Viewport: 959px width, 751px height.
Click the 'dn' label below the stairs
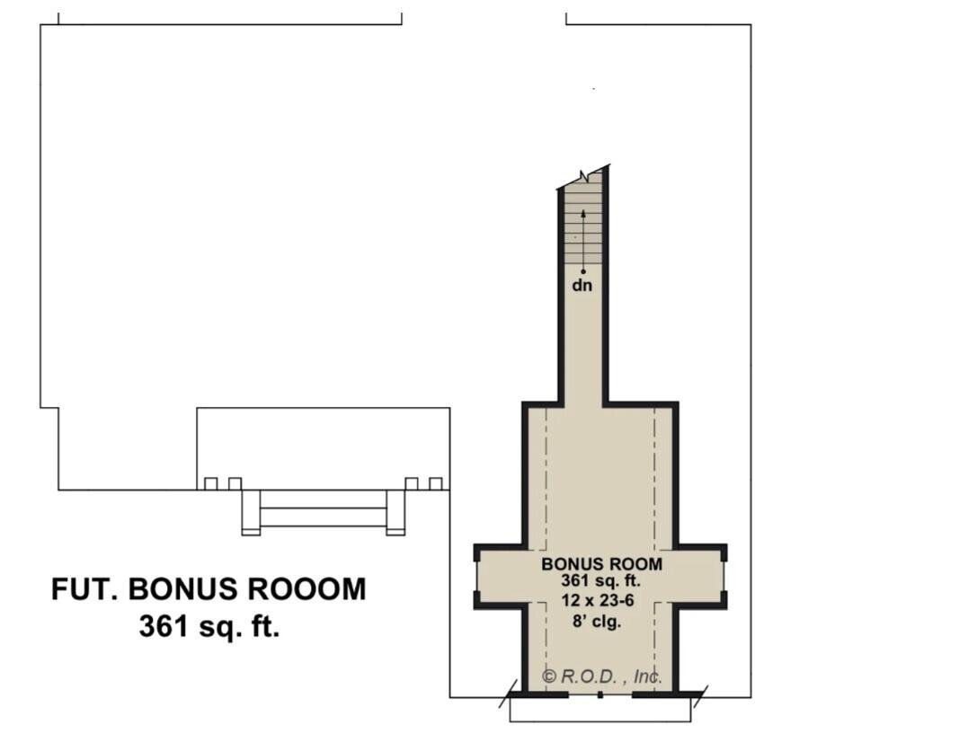(x=582, y=286)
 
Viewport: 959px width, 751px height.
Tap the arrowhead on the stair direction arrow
(x=583, y=213)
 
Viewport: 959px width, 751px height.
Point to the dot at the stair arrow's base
(x=583, y=271)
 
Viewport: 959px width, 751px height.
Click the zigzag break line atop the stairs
(x=583, y=177)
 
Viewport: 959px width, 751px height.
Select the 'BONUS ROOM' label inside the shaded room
(x=601, y=563)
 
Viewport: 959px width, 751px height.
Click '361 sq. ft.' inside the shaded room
(x=600, y=580)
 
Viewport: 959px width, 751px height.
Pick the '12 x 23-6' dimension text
(x=598, y=601)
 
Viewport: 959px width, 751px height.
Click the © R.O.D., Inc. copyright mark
(x=602, y=676)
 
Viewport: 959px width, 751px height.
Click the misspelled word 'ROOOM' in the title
(x=306, y=589)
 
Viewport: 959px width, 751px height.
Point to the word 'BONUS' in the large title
(x=182, y=589)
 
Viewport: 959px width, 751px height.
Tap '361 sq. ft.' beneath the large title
(x=209, y=626)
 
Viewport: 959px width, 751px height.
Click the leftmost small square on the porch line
(x=211, y=484)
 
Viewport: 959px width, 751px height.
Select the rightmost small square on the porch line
(x=436, y=484)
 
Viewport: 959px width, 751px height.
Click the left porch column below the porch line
(x=251, y=512)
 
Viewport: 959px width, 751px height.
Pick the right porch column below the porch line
(x=395, y=512)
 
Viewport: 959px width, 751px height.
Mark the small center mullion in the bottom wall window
(x=600, y=694)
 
